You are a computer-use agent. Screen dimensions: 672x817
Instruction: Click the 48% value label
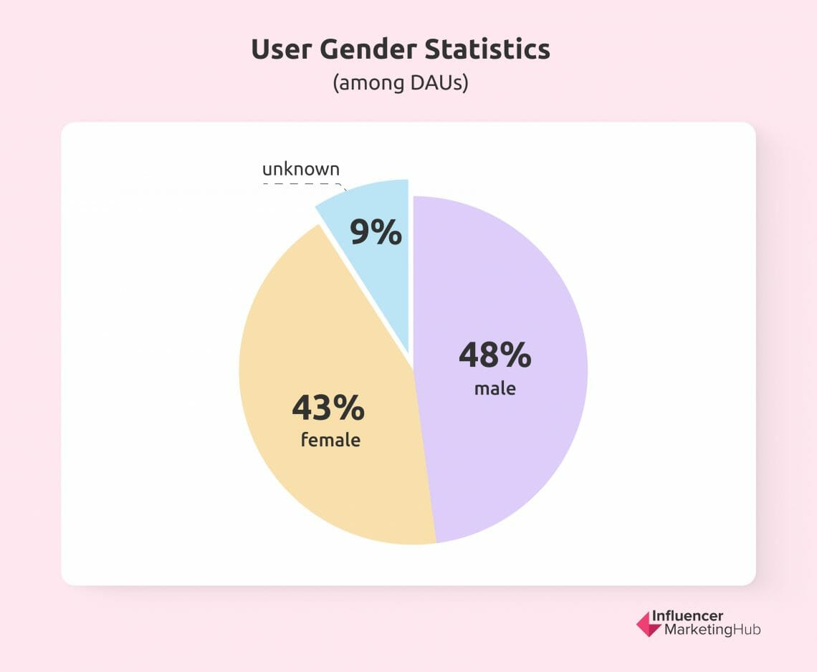[x=495, y=355]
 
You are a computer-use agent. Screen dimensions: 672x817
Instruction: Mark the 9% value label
[x=376, y=233]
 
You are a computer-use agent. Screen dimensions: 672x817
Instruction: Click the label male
[x=495, y=389]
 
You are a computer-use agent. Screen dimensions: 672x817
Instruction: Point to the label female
[x=330, y=439]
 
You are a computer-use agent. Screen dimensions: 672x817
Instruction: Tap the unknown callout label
[x=300, y=170]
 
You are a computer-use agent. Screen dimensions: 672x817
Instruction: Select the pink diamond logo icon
[x=649, y=624]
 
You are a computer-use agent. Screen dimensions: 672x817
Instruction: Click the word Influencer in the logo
[x=687, y=617]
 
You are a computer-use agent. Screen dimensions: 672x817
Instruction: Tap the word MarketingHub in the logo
[x=712, y=630]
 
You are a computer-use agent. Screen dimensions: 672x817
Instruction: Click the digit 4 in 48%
[x=470, y=355]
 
